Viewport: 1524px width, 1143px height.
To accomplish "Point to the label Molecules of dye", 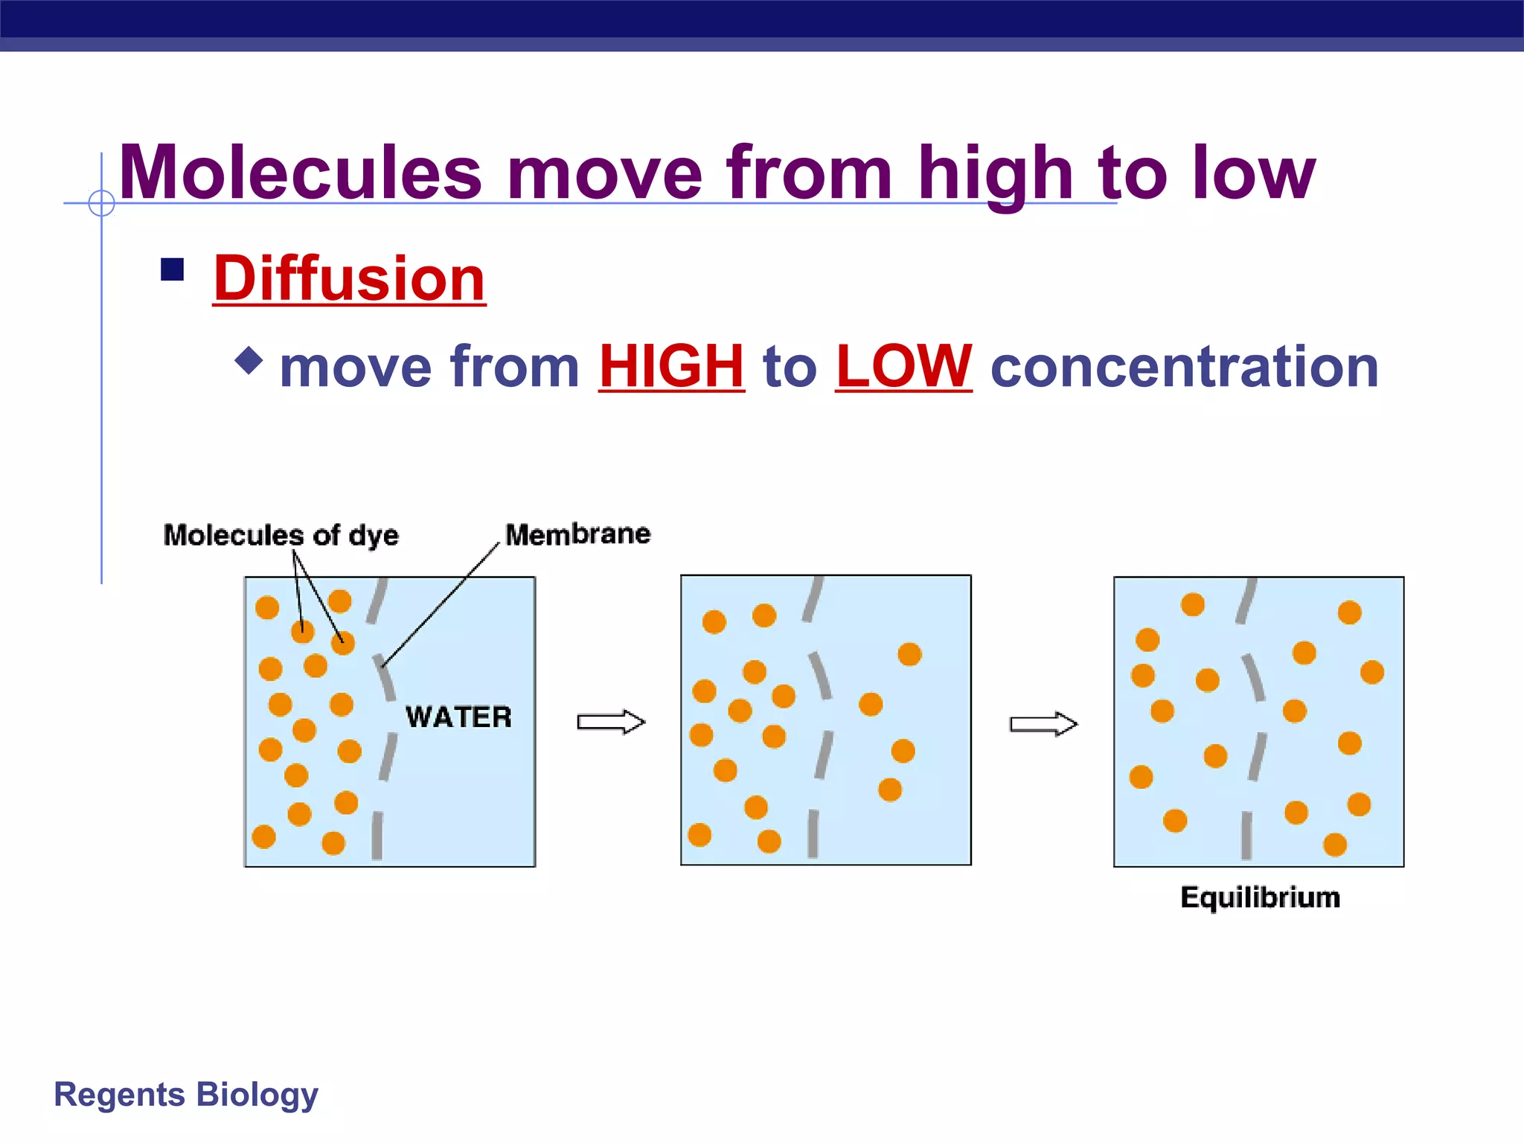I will pos(281,535).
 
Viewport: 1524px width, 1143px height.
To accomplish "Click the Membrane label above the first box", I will pos(577,534).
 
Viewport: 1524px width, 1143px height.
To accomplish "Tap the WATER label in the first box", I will pos(458,717).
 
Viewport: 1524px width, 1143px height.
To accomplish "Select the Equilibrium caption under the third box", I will pos(1260,897).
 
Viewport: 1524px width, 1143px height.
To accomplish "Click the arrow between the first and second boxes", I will pos(611,722).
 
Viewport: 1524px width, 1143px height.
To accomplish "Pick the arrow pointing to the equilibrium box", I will pos(1043,723).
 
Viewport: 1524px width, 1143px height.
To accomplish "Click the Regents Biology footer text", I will pos(186,1095).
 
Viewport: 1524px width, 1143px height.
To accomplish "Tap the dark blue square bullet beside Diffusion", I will pos(172,269).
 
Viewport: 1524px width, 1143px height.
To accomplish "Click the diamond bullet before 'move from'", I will pos(249,360).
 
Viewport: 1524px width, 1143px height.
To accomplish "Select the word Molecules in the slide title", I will pos(301,173).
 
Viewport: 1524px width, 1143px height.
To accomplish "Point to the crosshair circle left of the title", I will pos(101,202).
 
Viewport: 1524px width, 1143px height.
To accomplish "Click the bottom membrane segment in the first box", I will pos(377,835).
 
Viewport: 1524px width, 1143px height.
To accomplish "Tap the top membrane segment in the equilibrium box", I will pos(1246,601).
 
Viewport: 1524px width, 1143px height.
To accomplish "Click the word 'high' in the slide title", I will pos(996,173).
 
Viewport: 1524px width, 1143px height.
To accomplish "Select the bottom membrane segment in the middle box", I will pos(813,833).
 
